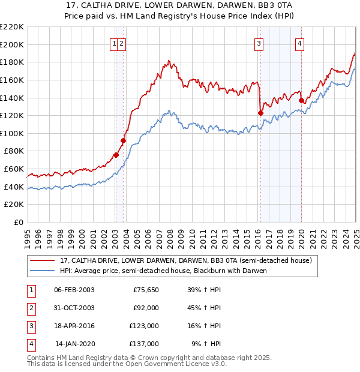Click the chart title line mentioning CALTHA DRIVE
(179, 5)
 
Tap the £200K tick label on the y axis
(12, 44)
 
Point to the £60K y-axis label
(14, 169)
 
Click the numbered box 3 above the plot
(259, 43)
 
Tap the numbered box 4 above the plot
(299, 43)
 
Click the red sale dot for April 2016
(260, 113)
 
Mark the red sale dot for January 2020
(301, 100)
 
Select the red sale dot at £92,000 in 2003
(124, 140)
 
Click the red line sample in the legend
(41, 260)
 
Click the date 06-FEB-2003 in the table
(74, 290)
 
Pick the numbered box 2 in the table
(30, 308)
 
